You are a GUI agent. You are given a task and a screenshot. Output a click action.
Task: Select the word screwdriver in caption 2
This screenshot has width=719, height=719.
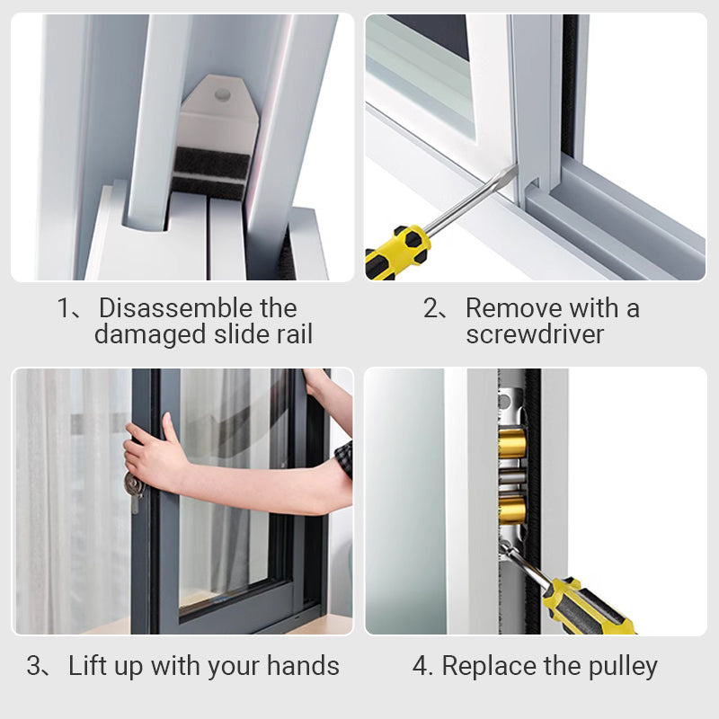click(x=535, y=333)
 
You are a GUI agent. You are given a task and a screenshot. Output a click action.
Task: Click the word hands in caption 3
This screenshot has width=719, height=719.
click(x=303, y=665)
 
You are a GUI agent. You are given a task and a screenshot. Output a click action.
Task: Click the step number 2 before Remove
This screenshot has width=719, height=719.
click(x=431, y=307)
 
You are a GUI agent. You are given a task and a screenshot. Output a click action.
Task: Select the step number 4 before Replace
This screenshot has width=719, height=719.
click(x=420, y=666)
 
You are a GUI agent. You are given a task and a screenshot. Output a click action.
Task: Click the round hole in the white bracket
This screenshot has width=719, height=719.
click(x=222, y=95)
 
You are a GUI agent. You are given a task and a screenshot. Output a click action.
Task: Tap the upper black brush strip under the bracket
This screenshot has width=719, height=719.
click(x=212, y=160)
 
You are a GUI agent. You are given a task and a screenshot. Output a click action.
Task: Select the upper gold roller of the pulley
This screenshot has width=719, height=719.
click(x=512, y=443)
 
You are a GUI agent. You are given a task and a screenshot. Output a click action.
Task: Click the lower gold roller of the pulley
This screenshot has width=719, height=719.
click(x=512, y=509)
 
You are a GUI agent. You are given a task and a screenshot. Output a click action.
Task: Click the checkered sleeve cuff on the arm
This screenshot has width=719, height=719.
click(x=344, y=459)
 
